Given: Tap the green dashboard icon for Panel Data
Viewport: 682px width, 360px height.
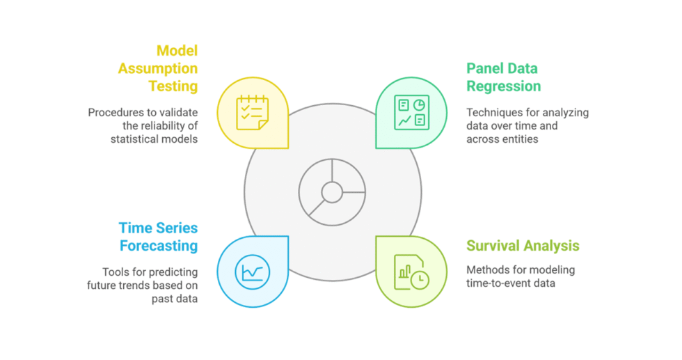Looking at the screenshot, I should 411,112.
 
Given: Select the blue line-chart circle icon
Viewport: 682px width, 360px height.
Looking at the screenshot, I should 252,271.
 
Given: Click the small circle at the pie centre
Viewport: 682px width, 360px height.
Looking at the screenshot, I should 332,191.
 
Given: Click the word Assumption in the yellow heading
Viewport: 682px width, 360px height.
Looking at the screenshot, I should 158,68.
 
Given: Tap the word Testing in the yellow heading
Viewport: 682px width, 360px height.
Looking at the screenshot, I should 173,86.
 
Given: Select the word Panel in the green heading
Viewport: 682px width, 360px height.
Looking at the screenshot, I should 485,68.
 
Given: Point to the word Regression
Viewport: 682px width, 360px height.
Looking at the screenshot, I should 504,86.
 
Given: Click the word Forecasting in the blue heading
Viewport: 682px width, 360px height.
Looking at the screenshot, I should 159,245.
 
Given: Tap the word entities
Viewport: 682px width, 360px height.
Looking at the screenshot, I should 518,139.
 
